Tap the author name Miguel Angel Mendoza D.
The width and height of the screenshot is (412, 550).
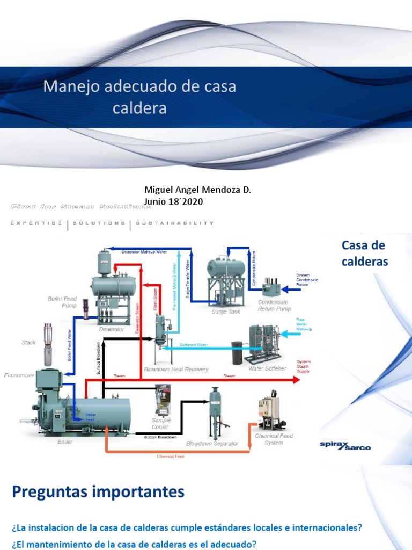[x=198, y=190]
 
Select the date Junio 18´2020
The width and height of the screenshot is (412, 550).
[x=174, y=201]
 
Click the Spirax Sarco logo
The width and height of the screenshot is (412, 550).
[x=345, y=445]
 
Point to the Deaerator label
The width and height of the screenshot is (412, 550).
[x=112, y=329]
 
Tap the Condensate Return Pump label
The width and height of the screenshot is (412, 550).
[x=274, y=306]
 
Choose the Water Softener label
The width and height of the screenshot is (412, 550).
[x=267, y=369]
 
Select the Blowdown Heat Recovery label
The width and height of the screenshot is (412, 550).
[x=176, y=370]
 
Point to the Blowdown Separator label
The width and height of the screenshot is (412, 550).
[x=212, y=444]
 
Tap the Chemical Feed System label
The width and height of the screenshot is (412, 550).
[x=274, y=439]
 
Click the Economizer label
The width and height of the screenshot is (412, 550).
[x=19, y=375]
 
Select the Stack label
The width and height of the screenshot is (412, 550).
[x=29, y=342]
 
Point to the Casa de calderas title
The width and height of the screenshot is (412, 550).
[x=364, y=254]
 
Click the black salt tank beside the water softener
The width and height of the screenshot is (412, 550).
[x=237, y=352]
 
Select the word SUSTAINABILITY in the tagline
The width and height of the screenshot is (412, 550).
[x=175, y=223]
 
